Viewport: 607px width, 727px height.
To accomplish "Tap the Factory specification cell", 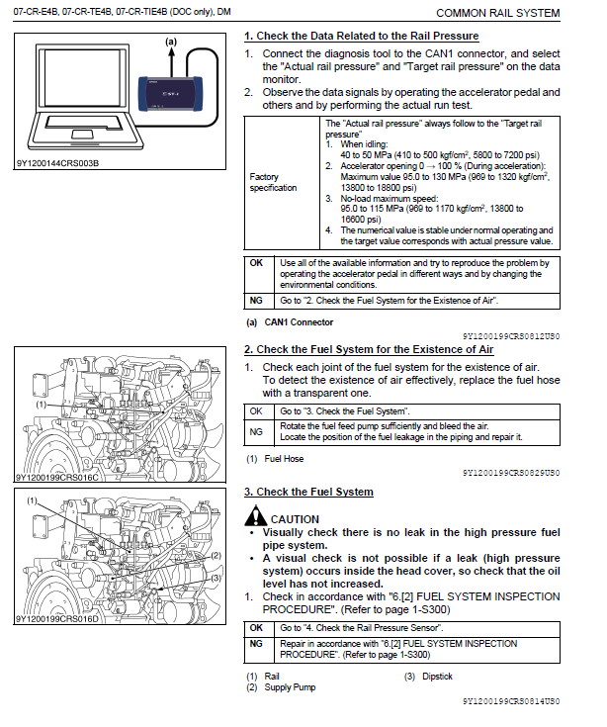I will (x=273, y=183).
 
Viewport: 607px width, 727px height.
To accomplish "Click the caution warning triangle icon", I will (x=256, y=516).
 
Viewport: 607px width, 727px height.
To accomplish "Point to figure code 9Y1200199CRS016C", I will (x=57, y=477).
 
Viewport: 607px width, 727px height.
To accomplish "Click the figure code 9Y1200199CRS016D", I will (x=57, y=619).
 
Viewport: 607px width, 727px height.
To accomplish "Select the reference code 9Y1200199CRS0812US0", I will (x=510, y=336).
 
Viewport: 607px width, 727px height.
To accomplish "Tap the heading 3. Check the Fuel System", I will (x=308, y=492).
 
